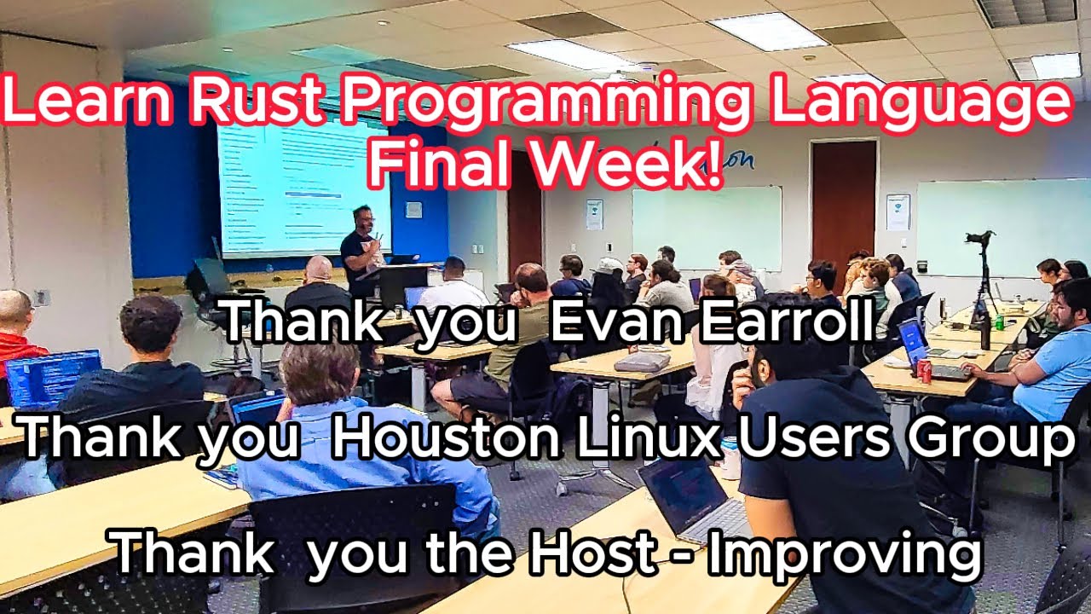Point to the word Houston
[x=445, y=439]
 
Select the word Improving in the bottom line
[x=845, y=553]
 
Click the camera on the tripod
[x=981, y=240]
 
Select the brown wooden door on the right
[x=843, y=200]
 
